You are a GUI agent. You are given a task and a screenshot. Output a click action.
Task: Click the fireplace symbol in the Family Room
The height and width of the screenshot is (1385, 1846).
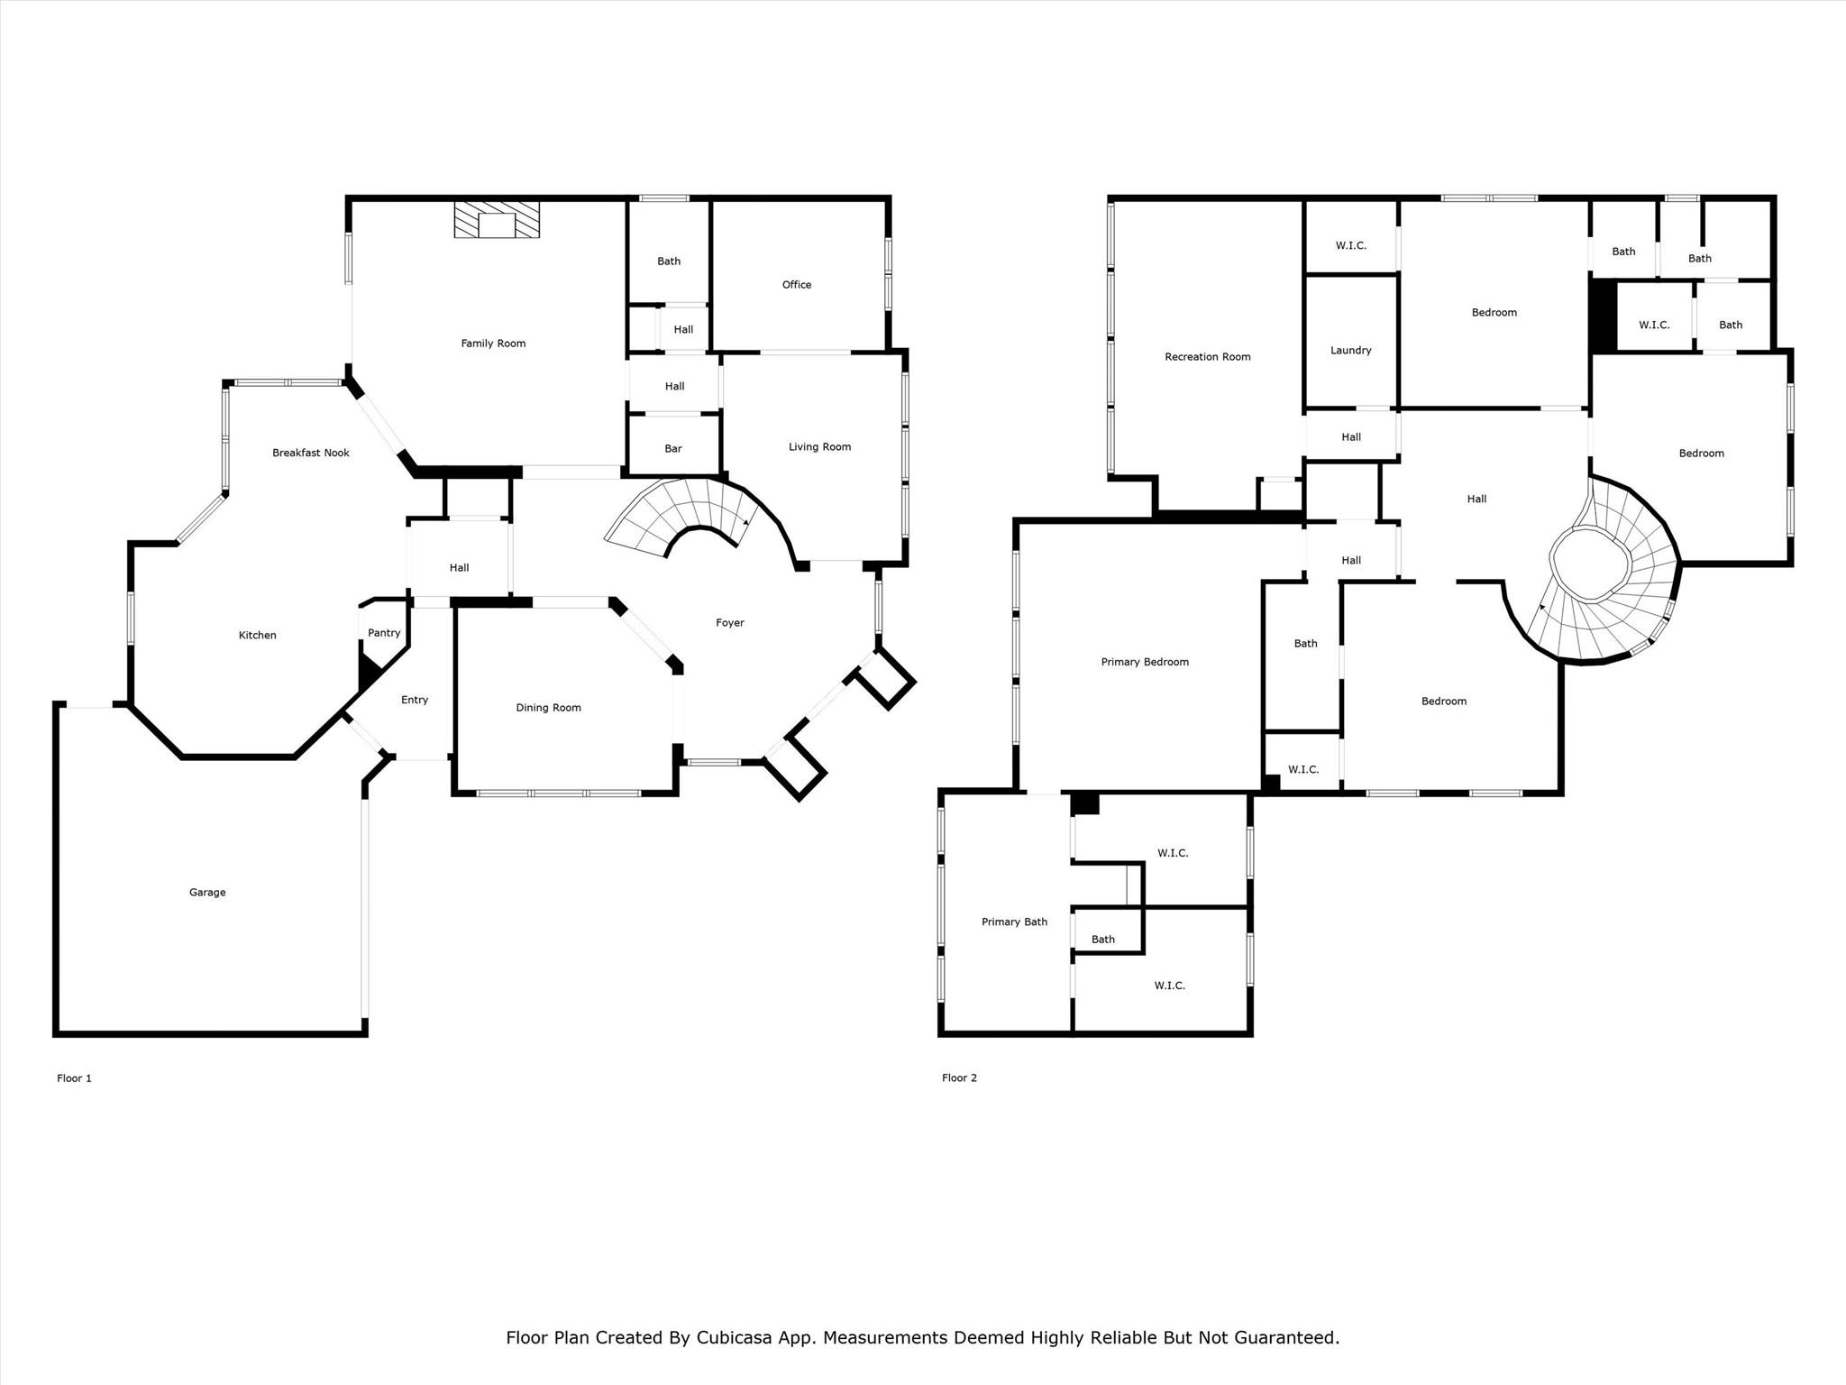tap(497, 219)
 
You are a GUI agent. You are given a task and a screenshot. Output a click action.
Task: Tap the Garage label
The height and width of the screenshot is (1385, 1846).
tap(207, 892)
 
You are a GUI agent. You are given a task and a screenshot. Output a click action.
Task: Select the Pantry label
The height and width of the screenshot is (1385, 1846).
tap(384, 632)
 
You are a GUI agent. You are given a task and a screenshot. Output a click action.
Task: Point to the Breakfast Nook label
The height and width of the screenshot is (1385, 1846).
tap(311, 453)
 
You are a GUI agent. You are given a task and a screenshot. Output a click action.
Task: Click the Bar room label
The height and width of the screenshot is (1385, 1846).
tap(673, 448)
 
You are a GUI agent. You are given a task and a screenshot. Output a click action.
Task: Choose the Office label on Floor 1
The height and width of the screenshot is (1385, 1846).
tap(797, 285)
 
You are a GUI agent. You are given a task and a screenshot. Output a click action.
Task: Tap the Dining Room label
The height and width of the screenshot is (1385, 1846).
tap(548, 708)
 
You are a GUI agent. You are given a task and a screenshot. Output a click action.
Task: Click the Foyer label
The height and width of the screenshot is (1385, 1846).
tap(730, 623)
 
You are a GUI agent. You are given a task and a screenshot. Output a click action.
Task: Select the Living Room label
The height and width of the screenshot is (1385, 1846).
tap(819, 447)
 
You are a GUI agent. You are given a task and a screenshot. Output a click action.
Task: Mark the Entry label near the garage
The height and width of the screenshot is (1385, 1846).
tap(415, 700)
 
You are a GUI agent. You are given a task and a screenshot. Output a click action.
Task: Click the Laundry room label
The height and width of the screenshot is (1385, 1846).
tap(1351, 351)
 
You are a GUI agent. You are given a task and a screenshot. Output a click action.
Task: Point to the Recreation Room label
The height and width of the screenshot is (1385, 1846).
tap(1208, 357)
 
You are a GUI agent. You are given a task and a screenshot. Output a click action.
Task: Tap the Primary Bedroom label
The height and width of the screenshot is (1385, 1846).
tap(1145, 662)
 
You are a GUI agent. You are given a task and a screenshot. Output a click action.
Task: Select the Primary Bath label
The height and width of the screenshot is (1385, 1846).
tap(1014, 922)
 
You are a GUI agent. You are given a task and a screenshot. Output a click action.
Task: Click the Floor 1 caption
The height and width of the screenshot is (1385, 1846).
tap(74, 1078)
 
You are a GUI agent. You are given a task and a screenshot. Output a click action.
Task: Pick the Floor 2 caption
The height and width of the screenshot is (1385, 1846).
tap(959, 1078)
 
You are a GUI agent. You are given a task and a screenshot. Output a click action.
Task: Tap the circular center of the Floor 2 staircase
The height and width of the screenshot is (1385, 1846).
tap(1591, 564)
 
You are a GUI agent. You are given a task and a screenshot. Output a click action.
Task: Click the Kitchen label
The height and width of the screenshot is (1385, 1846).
tap(257, 636)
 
